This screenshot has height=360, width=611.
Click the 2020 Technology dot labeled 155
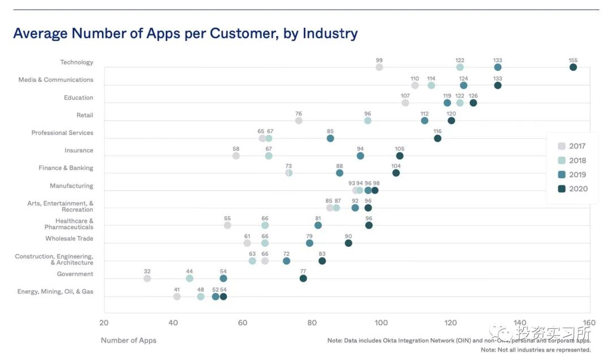point(573,67)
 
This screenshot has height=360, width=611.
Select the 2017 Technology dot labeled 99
point(379,67)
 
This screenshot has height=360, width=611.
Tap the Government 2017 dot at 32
point(147,278)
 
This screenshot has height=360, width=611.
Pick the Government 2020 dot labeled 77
point(303,278)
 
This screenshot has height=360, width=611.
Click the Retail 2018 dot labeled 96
point(368,121)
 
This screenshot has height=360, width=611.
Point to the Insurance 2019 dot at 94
point(360,156)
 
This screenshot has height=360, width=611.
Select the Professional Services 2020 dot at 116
point(437,138)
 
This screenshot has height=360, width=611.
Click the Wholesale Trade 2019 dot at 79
point(309,243)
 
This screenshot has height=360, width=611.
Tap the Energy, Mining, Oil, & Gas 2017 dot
point(177,297)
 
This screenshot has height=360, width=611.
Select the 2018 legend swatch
point(562,161)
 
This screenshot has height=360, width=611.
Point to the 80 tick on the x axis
point(312,323)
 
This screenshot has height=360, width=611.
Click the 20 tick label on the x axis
point(104,323)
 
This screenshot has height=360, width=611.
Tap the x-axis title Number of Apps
point(128,340)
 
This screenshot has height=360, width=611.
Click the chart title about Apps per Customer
point(186,33)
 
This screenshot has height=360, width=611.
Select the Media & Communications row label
point(56,80)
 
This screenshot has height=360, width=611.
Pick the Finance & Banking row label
point(66,168)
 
